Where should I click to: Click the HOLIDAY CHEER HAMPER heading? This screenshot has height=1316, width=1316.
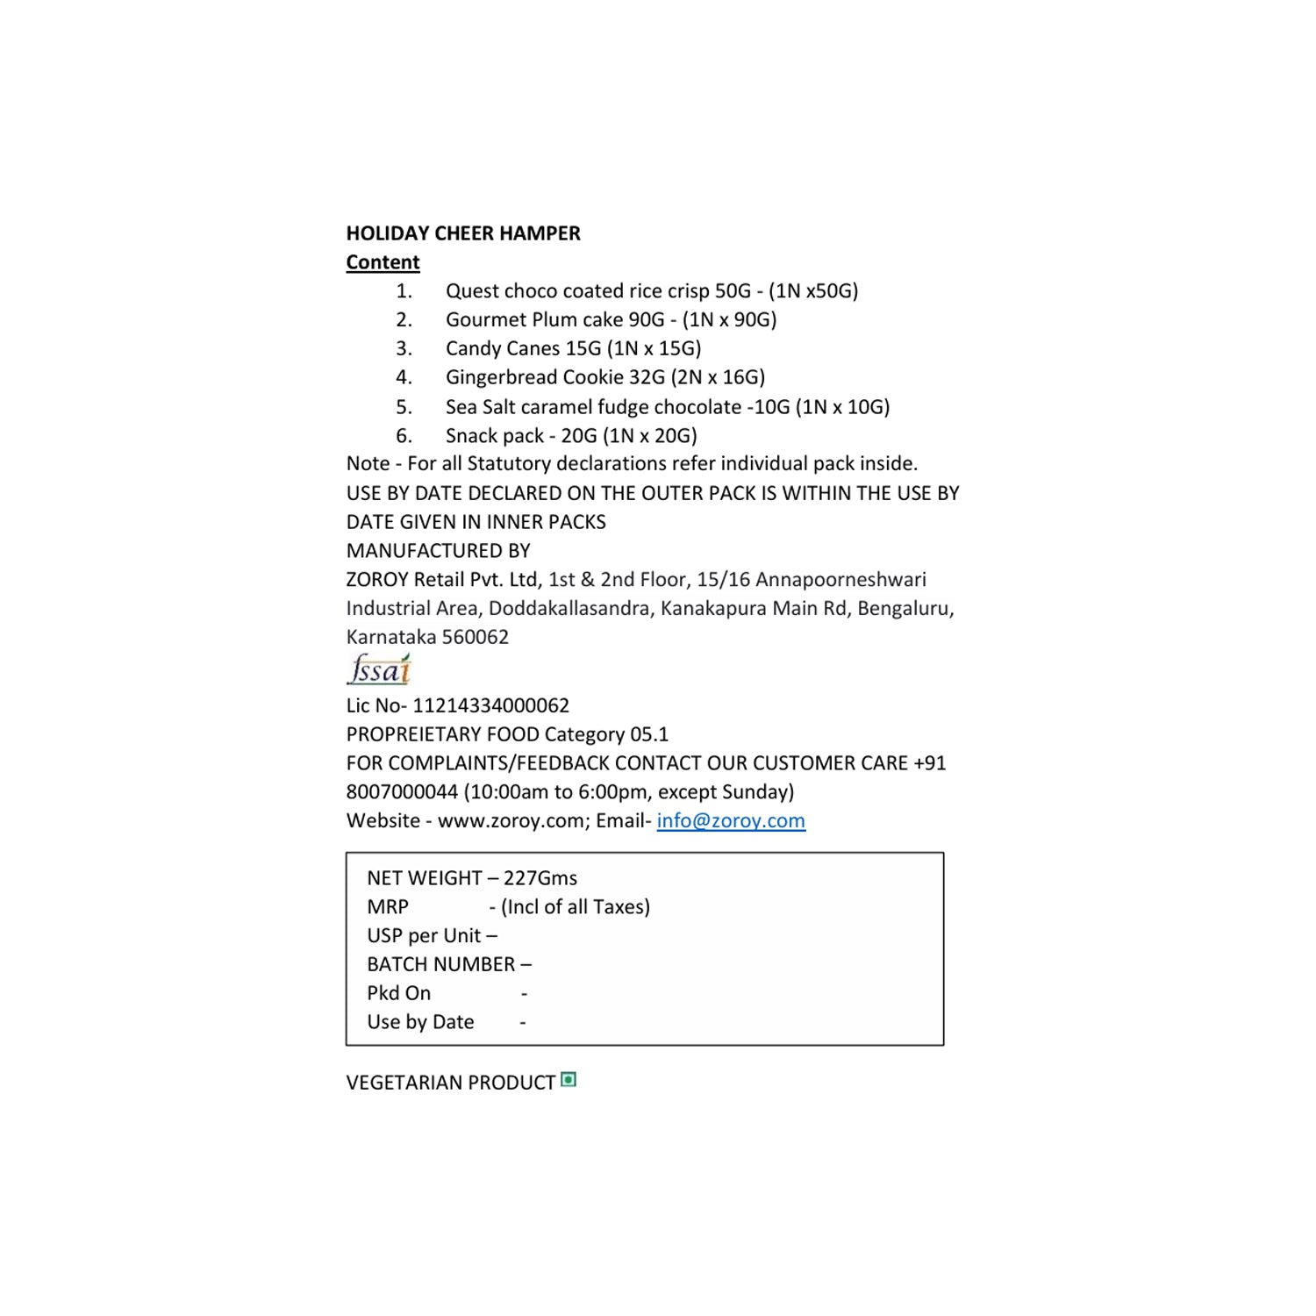coord(463,233)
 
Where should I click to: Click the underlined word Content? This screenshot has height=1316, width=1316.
coord(383,262)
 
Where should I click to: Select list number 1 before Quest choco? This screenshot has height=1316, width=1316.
coord(404,291)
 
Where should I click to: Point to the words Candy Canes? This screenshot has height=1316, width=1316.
coord(502,349)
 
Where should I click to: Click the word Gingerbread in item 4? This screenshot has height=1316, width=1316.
coord(501,378)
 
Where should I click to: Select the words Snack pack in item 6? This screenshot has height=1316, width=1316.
coord(494,436)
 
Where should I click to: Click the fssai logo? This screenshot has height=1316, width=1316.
coord(379,670)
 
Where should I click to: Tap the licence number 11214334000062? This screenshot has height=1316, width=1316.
coord(490,705)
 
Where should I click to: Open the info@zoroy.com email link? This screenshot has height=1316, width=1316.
coord(731,820)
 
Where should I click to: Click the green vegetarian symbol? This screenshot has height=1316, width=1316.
coord(569,1080)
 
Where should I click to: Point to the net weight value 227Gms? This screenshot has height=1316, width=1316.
coord(540,878)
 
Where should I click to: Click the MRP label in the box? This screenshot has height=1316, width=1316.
coord(388,907)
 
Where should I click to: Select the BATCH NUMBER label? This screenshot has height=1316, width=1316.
coord(440,964)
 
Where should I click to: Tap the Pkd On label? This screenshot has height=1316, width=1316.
coord(398,993)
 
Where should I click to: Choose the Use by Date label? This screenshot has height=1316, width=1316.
coord(420,1022)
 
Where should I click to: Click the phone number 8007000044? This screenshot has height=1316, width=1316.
coord(402,792)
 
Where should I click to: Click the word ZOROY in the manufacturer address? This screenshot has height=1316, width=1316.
coord(377,580)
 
